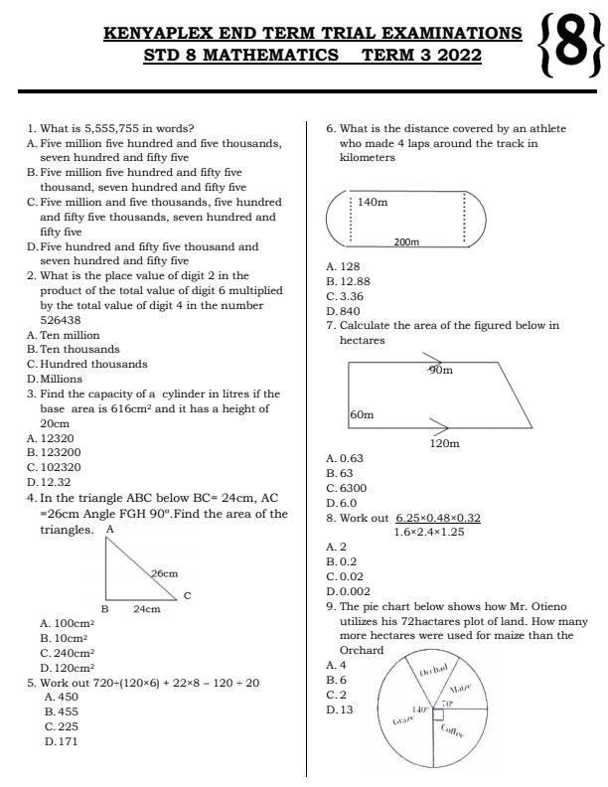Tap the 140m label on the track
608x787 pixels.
(373, 203)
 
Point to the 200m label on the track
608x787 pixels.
(406, 241)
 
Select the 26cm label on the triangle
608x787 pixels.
(164, 573)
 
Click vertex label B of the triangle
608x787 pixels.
(103, 609)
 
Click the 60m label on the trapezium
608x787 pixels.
(362, 414)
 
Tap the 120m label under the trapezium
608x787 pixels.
(444, 443)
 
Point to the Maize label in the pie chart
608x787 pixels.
(460, 688)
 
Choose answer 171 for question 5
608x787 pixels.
(68, 741)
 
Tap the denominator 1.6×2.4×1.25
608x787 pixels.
(429, 532)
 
